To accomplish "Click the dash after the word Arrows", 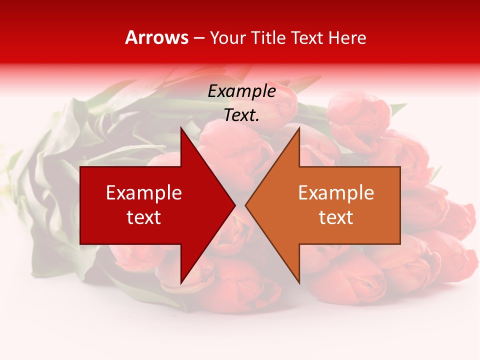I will (x=198, y=38).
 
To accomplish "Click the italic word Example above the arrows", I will (x=241, y=91).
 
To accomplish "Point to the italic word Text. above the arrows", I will (x=241, y=115).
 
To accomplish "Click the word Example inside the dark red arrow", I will (x=144, y=192).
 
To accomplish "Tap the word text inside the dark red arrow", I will (x=144, y=217).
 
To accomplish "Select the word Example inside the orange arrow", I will (x=336, y=192).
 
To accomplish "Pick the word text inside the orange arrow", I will (x=336, y=217).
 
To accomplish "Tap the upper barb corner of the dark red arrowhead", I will (x=181, y=128).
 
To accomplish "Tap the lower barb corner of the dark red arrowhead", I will (x=181, y=282).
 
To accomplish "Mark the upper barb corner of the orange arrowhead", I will (x=299, y=128).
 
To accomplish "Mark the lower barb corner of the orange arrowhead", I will (x=299, y=282).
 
